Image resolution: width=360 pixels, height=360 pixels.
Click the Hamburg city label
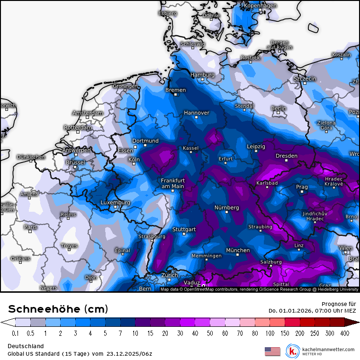202,75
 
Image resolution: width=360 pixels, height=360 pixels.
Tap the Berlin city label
279,108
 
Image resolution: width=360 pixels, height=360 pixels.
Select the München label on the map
238,250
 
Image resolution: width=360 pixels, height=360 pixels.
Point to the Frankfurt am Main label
172,183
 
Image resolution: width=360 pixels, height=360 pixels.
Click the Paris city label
30,227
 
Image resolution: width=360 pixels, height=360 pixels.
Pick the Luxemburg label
115,203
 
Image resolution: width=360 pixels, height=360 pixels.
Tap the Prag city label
302,187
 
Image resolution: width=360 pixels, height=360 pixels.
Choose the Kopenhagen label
260,6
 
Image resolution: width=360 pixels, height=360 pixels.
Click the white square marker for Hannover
197,117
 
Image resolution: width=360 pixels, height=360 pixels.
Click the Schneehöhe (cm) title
58,309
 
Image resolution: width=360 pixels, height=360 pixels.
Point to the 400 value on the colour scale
344,333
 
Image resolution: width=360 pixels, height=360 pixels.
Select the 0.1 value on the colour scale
16,333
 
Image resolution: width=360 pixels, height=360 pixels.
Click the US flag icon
272,351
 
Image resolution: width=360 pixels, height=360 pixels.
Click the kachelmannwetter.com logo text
328,349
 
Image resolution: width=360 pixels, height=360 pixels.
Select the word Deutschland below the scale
26,346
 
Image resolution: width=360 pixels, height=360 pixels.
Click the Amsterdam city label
87,113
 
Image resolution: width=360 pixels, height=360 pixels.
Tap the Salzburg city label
271,261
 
